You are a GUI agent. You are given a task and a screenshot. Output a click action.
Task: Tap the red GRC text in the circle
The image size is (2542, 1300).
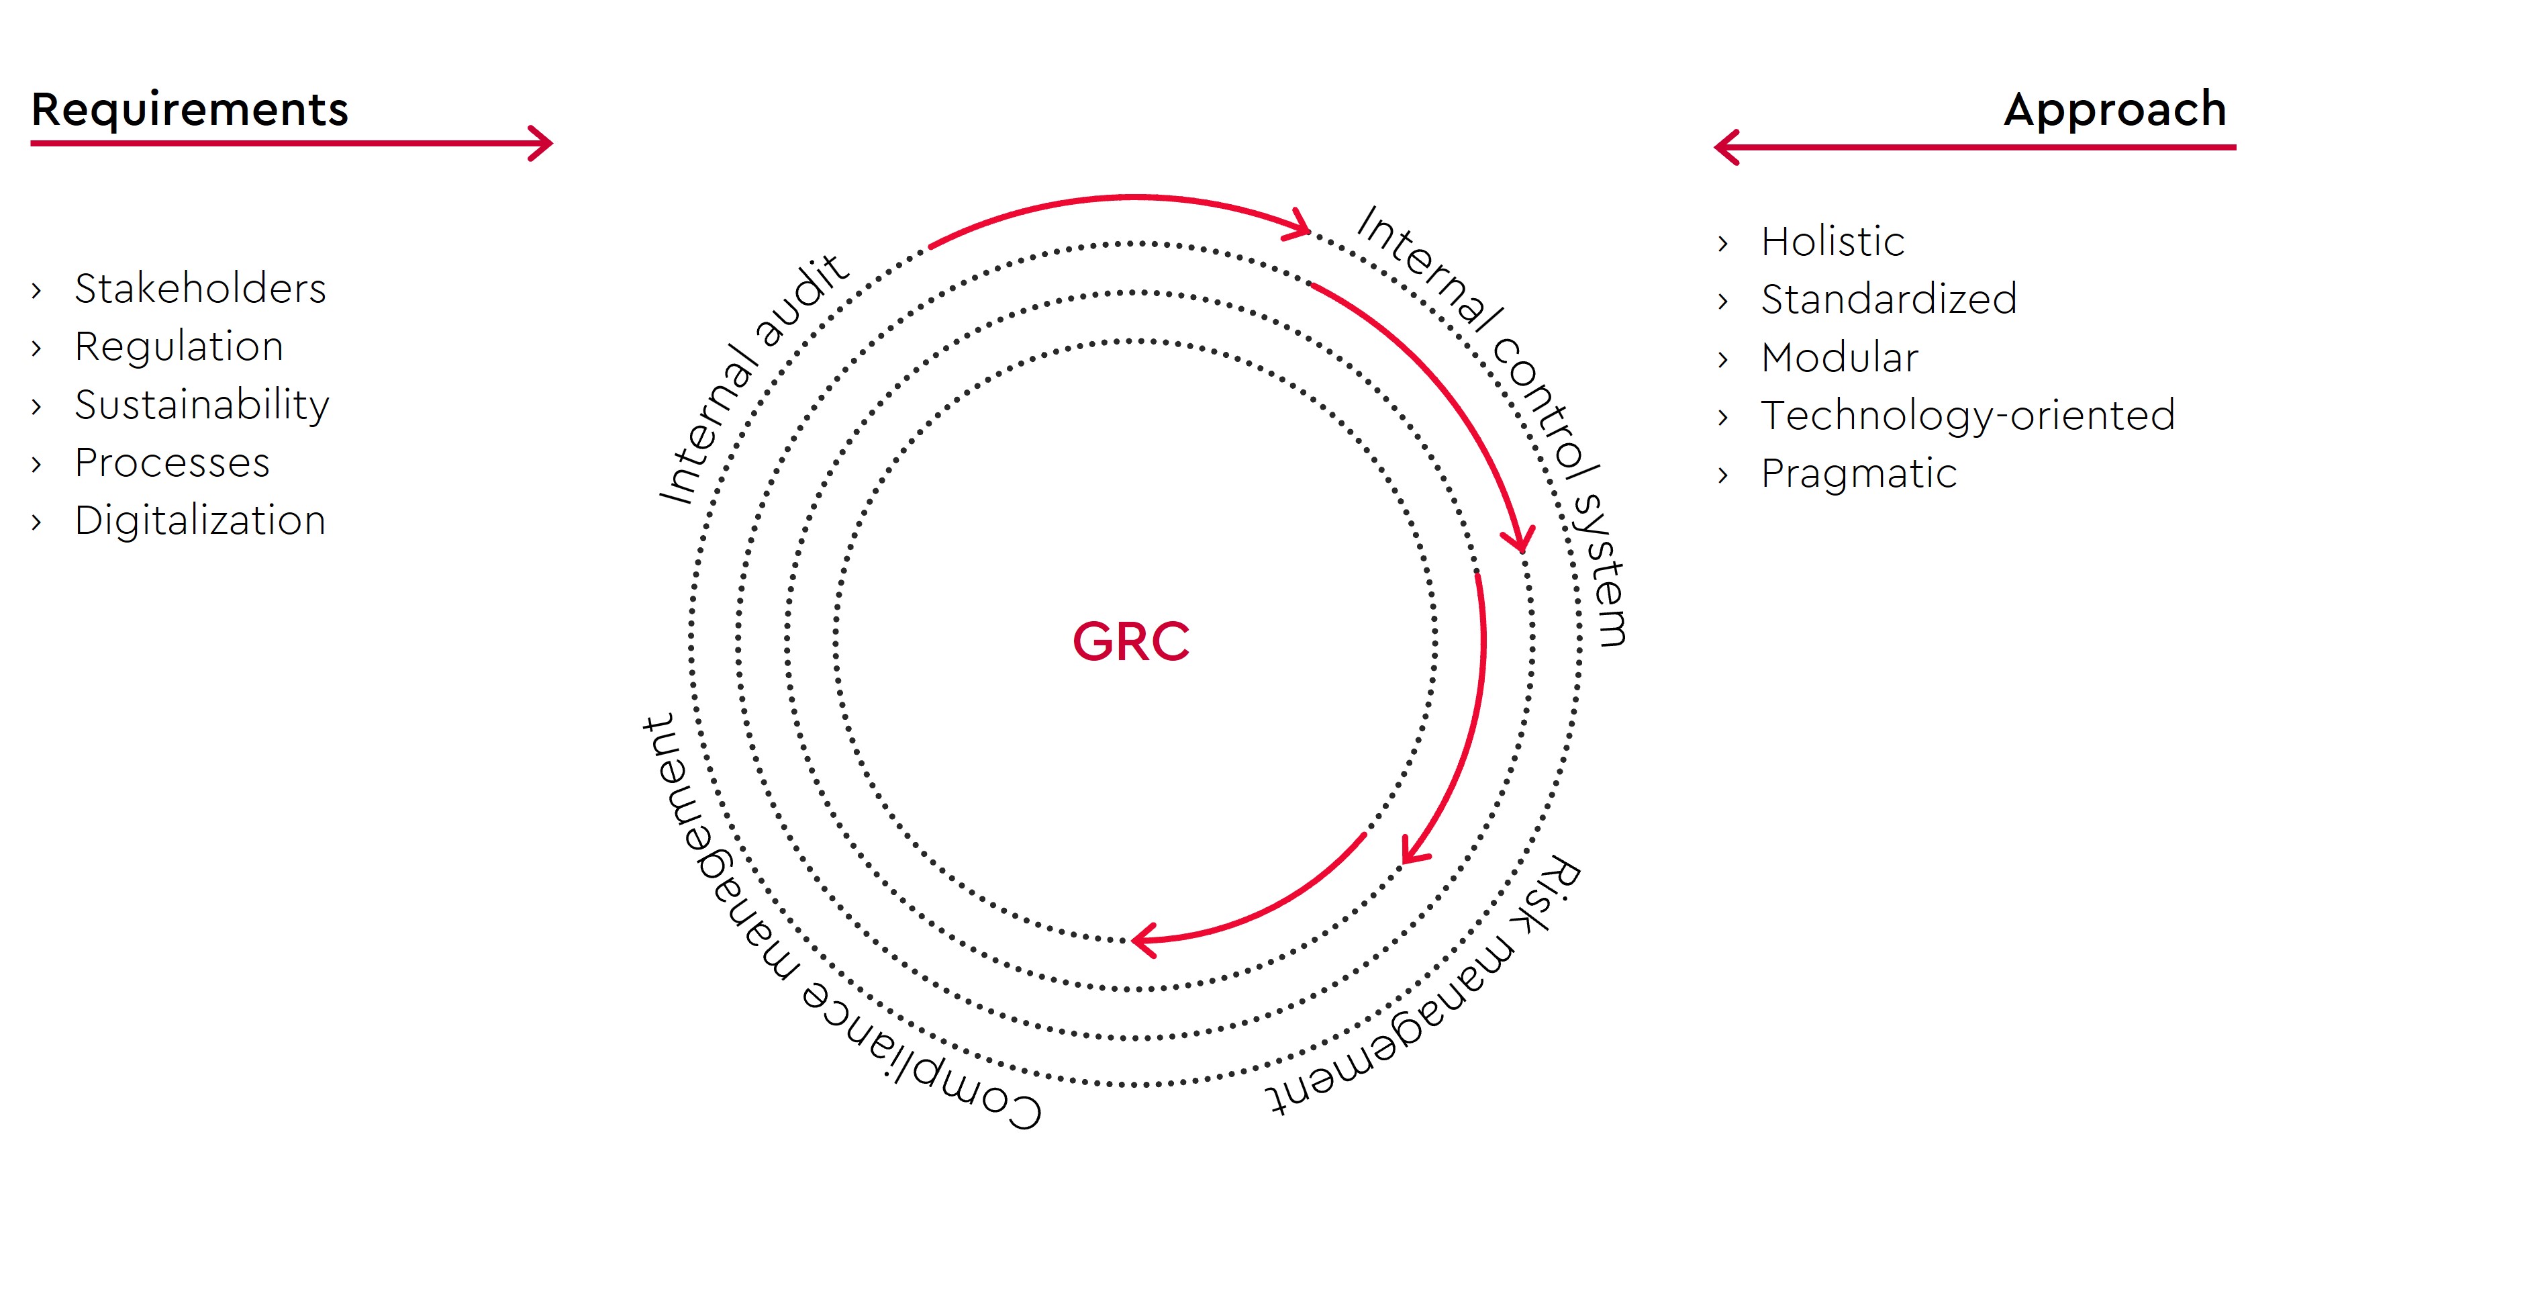click(1131, 642)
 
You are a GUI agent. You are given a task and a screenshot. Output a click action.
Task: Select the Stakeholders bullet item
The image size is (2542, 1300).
click(199, 288)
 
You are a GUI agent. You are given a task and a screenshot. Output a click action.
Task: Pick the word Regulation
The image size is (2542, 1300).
click(179, 347)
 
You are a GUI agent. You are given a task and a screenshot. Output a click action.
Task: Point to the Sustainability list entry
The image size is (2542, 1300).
click(201, 406)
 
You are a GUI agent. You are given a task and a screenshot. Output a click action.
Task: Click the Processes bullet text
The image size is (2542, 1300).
click(172, 463)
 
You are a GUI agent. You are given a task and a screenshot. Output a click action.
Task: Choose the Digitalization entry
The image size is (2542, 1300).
click(199, 521)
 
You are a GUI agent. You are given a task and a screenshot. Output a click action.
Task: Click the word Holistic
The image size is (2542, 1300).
click(1832, 242)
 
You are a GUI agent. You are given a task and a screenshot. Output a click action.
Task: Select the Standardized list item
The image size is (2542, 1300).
click(1889, 299)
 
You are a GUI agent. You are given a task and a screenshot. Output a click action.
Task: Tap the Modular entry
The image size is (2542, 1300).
click(1839, 357)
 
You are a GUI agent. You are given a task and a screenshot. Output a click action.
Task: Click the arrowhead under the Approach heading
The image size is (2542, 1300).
click(1727, 147)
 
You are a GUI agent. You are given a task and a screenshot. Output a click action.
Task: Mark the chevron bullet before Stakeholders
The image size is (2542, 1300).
click(36, 290)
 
